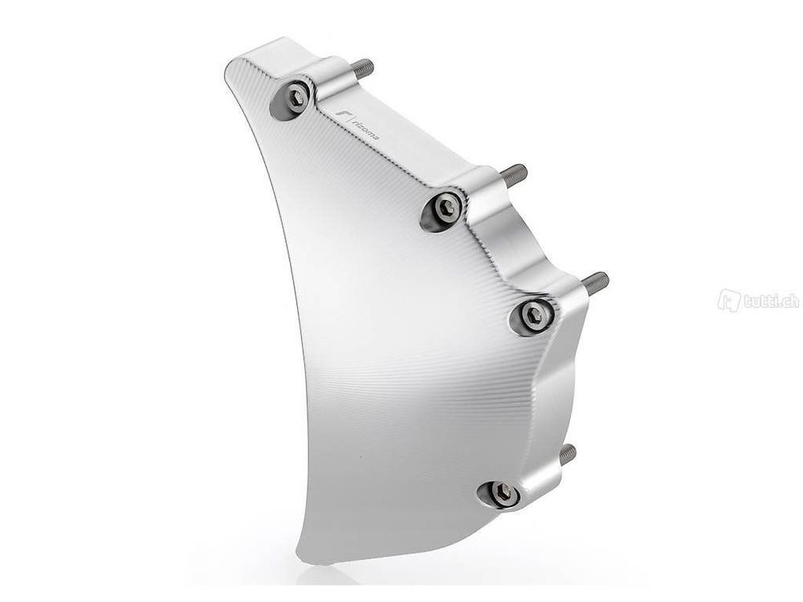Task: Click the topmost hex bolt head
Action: [298, 99]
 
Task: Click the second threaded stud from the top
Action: [513, 174]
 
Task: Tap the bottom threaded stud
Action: [568, 454]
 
